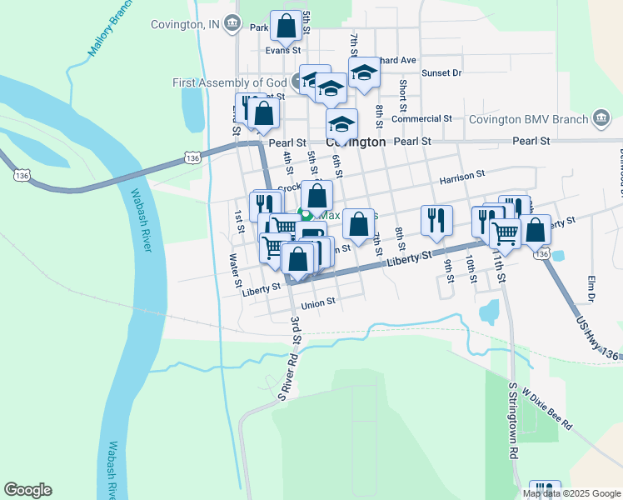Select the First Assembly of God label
click(230, 82)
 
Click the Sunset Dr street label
click(441, 73)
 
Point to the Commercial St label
click(421, 119)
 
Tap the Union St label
click(318, 302)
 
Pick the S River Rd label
click(287, 377)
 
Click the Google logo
click(27, 490)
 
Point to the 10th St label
click(471, 269)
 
